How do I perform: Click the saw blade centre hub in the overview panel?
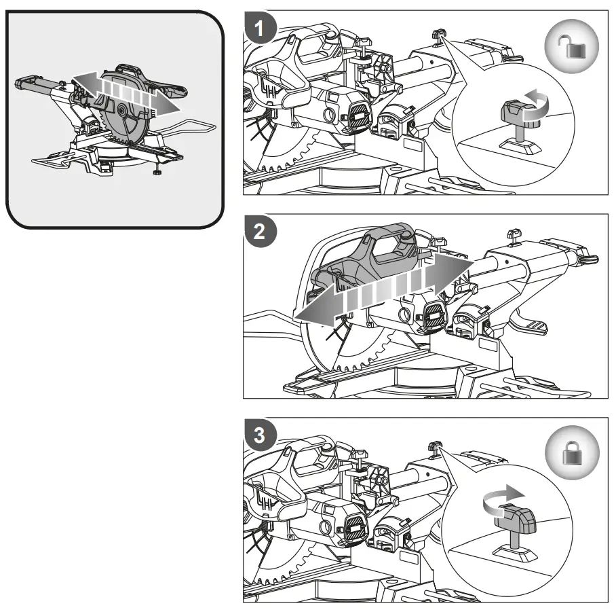[120, 109]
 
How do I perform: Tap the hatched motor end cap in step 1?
[355, 112]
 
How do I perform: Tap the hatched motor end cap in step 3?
[355, 526]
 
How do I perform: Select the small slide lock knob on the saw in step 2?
[512, 236]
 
